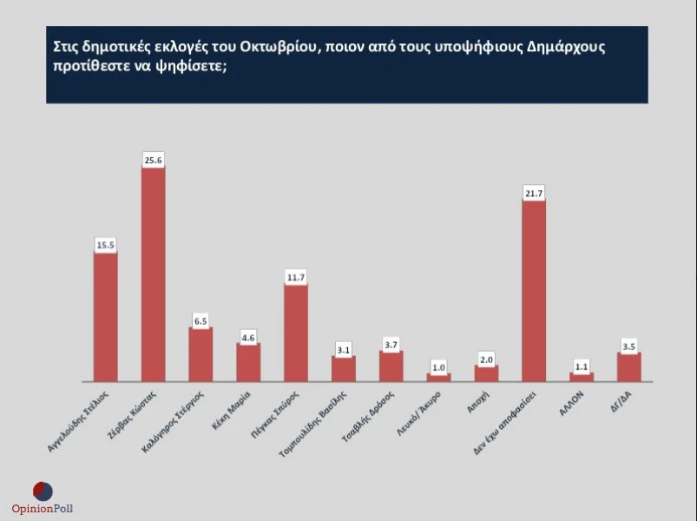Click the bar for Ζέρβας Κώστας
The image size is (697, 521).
click(153, 274)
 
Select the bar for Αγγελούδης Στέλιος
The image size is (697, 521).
click(105, 317)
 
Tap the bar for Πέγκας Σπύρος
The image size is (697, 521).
click(296, 333)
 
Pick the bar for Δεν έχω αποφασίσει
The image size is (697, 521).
click(534, 291)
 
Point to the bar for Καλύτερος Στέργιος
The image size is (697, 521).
click(201, 354)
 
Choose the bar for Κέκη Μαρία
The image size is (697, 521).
click(248, 362)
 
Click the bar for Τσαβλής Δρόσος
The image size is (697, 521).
click(391, 366)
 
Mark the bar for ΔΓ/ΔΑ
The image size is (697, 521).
click(629, 366)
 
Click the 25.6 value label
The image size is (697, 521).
click(154, 160)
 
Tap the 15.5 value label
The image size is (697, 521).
click(106, 246)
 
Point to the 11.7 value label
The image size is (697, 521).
click(296, 277)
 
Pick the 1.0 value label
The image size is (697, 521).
click(438, 367)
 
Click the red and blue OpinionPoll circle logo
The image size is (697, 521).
click(43, 491)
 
